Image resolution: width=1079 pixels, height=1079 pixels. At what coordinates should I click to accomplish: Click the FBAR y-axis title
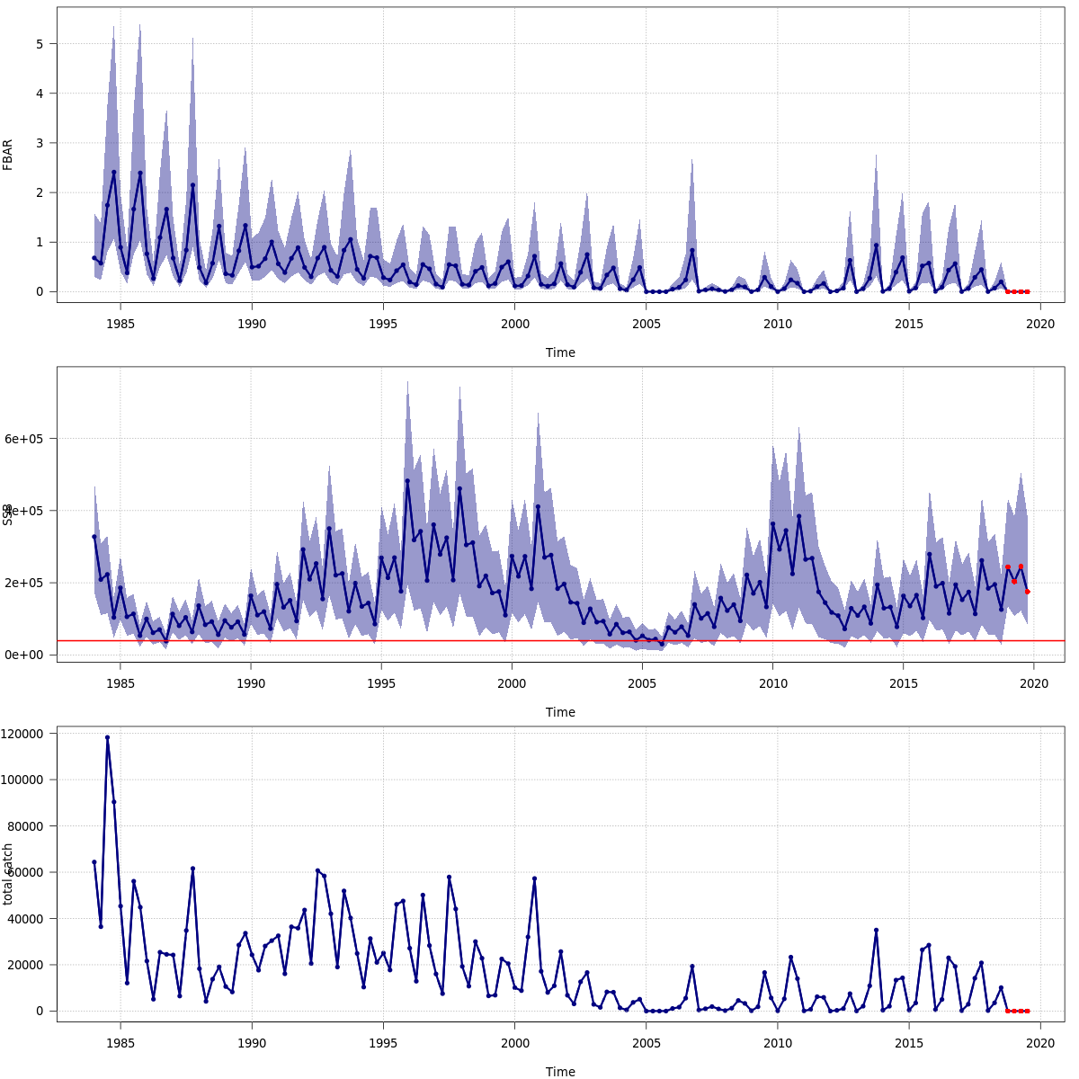point(8,155)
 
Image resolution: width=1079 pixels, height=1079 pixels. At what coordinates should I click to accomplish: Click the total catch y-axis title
point(8,874)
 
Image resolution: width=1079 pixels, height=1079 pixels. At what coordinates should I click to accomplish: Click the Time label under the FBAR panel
point(560,352)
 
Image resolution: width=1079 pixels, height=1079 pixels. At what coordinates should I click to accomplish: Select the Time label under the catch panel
point(560,1072)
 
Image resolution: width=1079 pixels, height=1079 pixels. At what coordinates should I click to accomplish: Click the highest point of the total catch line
point(107,737)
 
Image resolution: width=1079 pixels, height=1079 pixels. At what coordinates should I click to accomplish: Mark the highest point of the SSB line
point(407,480)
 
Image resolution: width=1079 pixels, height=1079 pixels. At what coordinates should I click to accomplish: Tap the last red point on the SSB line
point(1027,592)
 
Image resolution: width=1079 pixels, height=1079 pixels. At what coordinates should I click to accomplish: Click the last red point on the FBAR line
point(1027,291)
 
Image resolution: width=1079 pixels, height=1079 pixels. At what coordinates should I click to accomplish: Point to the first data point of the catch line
point(94,861)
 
